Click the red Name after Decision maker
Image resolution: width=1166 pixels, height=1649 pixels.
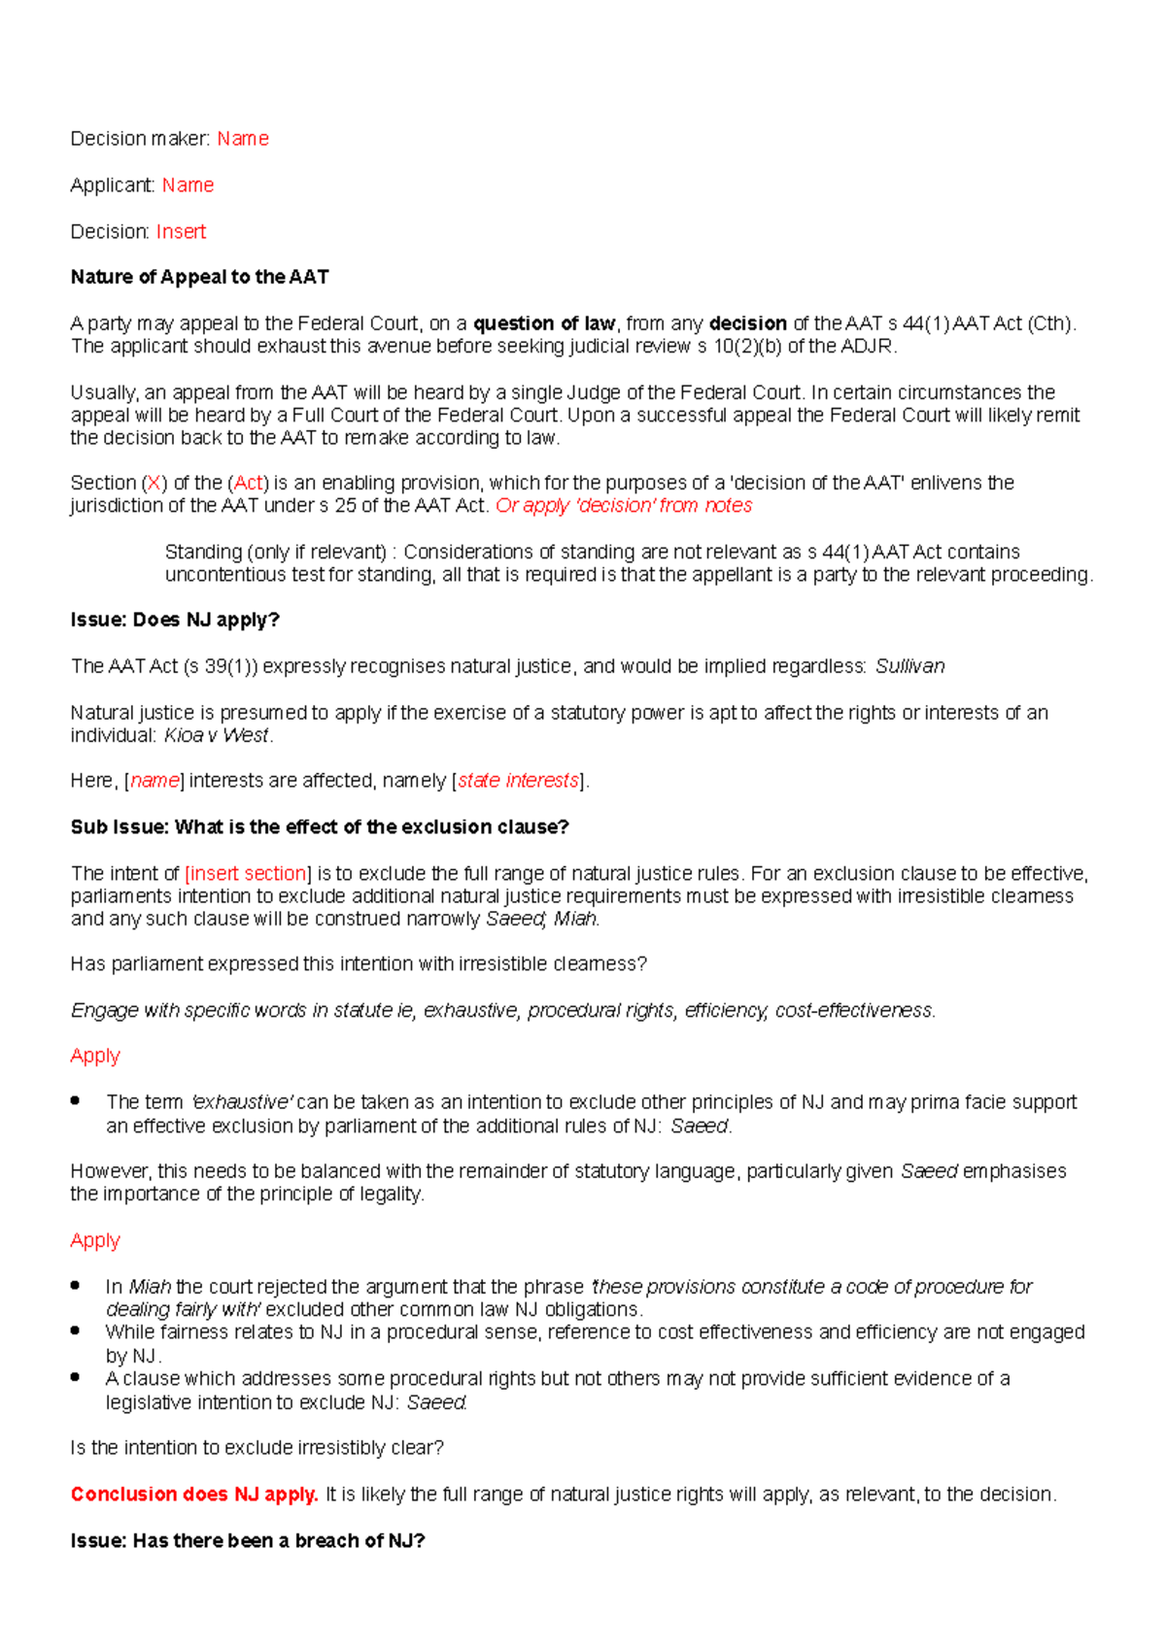242,139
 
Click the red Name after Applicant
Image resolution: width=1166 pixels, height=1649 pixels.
188,185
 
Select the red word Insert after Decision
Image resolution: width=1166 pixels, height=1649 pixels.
181,232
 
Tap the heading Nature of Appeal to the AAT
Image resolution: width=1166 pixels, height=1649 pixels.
199,278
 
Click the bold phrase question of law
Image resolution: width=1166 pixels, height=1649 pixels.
544,323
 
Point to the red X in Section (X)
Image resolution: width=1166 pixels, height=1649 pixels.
154,483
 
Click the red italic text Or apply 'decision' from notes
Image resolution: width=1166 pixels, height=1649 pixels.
624,506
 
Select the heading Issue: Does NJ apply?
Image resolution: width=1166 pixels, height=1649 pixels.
175,620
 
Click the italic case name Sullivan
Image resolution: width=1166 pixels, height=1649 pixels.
909,666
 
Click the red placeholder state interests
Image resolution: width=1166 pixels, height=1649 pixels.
518,781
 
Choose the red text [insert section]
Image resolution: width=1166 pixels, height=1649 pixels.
248,873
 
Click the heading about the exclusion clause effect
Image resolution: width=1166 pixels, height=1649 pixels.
320,827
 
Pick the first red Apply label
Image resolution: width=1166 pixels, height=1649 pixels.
95,1056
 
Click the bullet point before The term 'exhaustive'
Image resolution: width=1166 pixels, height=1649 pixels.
75,1100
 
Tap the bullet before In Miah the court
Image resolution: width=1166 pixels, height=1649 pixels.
75,1285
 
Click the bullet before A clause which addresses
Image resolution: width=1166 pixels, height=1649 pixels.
75,1377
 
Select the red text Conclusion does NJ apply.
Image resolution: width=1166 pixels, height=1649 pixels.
194,1495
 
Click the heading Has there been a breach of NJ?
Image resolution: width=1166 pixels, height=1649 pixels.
248,1541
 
